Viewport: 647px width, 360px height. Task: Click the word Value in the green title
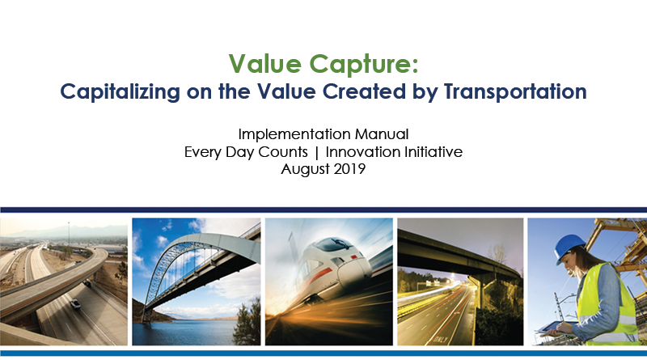(265, 64)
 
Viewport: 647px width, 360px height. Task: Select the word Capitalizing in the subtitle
(120, 92)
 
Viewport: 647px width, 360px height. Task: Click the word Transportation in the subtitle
(515, 91)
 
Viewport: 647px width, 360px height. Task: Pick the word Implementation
(294, 134)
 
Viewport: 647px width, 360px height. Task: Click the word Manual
(382, 134)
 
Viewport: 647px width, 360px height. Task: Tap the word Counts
(283, 152)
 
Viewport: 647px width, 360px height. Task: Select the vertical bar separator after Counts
(316, 153)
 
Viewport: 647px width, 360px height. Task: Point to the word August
(306, 170)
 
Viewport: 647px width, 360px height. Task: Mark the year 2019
(349, 169)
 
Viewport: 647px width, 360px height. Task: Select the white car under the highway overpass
(75, 304)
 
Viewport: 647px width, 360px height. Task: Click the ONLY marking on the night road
(441, 339)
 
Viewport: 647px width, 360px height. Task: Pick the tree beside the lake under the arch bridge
(248, 322)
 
